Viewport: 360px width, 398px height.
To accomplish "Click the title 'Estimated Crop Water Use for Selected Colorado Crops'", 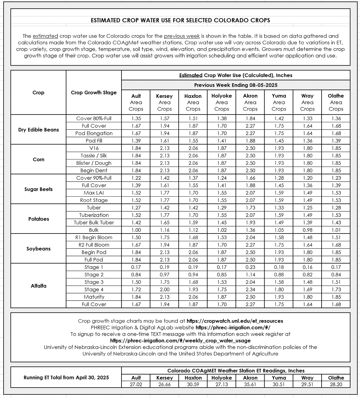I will coord(180,20).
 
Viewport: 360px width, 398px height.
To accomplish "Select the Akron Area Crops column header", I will coord(250,102).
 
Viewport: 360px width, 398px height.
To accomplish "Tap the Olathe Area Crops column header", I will coord(336,102).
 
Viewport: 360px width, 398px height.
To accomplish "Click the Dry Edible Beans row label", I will coord(38,130).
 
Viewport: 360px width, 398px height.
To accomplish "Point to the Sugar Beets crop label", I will coord(38,189).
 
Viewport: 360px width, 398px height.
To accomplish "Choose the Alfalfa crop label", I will coord(38,286).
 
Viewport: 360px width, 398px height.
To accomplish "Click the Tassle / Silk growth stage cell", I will coord(94,156).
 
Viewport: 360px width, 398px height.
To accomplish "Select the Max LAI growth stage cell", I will coord(94,193).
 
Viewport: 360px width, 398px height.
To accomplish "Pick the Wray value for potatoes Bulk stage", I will coord(307,230).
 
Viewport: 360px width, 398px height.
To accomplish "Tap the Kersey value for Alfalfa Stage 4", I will coord(164,290).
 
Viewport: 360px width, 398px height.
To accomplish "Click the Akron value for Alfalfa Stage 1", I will coord(250,267).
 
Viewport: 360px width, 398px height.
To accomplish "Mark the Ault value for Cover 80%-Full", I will coord(136,118).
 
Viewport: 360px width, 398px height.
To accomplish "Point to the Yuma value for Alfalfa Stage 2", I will coord(279,275).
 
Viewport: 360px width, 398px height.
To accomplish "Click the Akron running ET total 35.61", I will coord(250,384).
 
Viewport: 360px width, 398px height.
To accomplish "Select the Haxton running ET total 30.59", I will coord(193,384).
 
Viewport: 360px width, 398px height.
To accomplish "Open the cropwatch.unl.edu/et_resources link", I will coord(235,321).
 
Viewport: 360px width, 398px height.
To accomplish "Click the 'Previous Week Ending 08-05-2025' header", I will coord(235,85).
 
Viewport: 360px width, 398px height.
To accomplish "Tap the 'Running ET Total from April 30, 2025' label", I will coord(66,378).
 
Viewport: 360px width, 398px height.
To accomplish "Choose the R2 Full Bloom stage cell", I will coord(94,245).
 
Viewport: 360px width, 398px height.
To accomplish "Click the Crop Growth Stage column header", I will coord(94,93).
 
